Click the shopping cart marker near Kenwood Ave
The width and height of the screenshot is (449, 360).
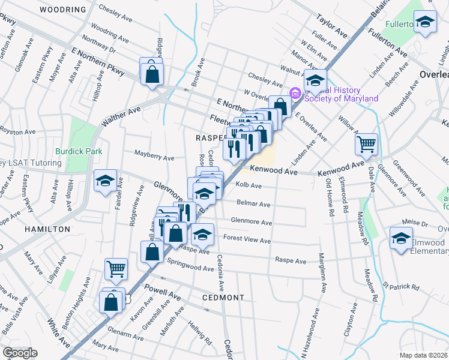pyautogui.click(x=366, y=145)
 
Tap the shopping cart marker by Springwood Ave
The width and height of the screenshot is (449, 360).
pyautogui.click(x=116, y=269)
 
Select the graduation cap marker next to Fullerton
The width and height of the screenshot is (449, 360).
pyautogui.click(x=425, y=23)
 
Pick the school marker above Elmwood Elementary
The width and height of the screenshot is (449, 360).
pyautogui.click(x=401, y=239)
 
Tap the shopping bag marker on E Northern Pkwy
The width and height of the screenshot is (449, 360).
pyautogui.click(x=152, y=74)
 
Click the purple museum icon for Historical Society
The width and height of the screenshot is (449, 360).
pyautogui.click(x=295, y=93)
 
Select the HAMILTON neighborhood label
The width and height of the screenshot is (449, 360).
pyautogui.click(x=47, y=229)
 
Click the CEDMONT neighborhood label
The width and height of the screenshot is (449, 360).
pyautogui.click(x=223, y=298)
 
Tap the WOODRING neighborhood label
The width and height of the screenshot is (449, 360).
pyautogui.click(x=62, y=10)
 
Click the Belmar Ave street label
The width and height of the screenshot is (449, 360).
pyautogui.click(x=253, y=203)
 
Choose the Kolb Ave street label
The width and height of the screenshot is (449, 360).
pyautogui.click(x=249, y=185)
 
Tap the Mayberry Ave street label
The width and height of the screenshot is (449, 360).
pyautogui.click(x=154, y=157)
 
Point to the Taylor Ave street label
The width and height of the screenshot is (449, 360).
pyautogui.click(x=333, y=25)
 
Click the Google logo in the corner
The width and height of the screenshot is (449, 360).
pyautogui.click(x=20, y=353)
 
